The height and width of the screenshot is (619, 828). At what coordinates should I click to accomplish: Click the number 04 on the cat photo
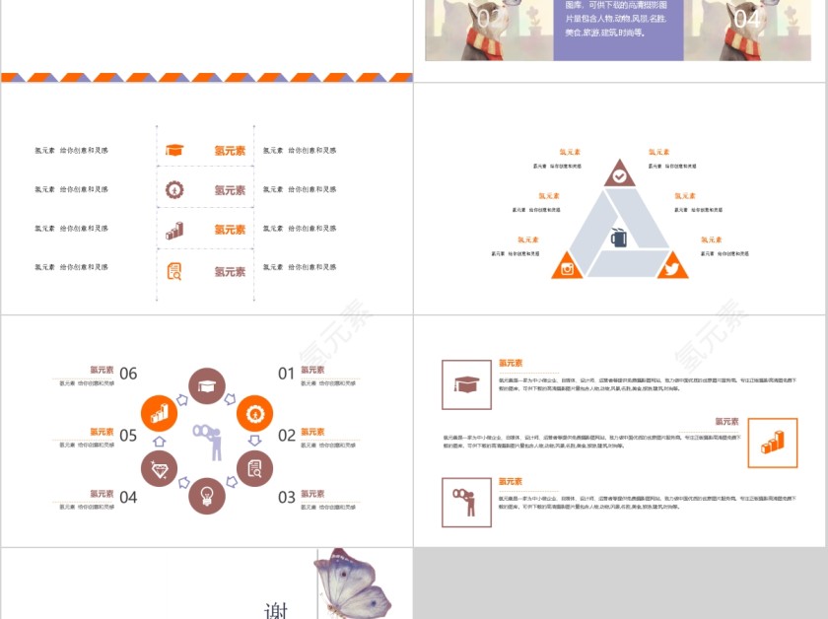[x=746, y=19]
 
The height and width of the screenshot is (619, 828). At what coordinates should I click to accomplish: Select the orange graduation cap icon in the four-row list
[x=174, y=150]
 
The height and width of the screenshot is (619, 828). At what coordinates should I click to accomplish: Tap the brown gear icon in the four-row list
[x=174, y=189]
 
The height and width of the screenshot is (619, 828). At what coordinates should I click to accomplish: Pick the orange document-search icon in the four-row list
[x=174, y=270]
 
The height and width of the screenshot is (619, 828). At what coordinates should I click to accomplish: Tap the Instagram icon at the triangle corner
[x=567, y=267]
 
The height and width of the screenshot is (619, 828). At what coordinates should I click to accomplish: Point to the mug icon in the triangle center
[x=619, y=238]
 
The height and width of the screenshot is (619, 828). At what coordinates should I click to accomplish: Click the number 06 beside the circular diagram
[x=128, y=374]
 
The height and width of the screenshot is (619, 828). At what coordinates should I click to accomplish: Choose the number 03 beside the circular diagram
[x=286, y=498]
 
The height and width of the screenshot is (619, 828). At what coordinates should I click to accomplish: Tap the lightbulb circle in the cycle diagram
[x=207, y=496]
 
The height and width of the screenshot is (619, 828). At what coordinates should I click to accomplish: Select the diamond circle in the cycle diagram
[x=159, y=468]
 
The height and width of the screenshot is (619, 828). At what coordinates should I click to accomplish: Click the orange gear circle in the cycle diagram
[x=254, y=412]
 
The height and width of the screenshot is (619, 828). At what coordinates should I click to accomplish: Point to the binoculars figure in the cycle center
[x=208, y=441]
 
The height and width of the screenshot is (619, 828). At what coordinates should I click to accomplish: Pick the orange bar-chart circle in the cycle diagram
[x=159, y=413]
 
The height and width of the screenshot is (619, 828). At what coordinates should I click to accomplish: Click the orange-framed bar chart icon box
[x=773, y=443]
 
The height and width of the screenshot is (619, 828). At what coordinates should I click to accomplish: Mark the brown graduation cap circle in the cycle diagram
[x=207, y=386]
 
